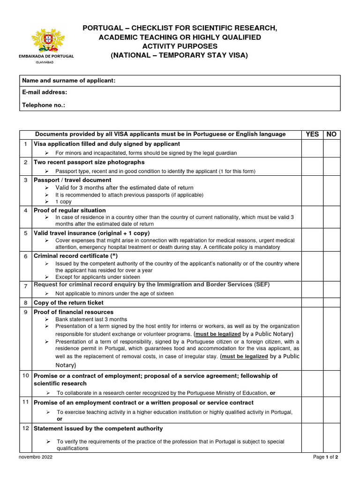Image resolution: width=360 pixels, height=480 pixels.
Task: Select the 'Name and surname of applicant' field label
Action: (68, 81)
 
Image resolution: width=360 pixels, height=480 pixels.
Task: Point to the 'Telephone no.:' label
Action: (44, 105)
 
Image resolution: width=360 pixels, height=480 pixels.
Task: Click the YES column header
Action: (312, 134)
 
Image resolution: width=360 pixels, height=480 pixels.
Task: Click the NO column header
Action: (332, 134)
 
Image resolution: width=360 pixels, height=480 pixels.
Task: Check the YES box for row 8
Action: (312, 303)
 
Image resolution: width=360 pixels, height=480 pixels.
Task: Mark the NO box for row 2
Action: (332, 166)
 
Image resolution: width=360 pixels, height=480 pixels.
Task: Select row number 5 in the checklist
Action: (25, 233)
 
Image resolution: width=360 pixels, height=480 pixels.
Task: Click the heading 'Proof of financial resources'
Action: (74, 312)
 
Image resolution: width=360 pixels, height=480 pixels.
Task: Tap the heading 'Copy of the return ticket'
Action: (68, 303)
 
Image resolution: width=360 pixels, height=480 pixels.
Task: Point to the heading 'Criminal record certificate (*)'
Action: (75, 256)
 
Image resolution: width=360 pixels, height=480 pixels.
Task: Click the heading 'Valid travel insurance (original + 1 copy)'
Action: (92, 233)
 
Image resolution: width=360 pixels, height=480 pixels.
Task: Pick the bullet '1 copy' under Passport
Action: (63, 202)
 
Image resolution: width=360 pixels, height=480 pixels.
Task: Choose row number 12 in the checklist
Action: (25, 429)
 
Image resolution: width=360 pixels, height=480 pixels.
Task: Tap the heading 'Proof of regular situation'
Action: (70, 210)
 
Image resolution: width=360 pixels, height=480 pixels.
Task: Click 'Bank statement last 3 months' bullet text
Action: (91, 319)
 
